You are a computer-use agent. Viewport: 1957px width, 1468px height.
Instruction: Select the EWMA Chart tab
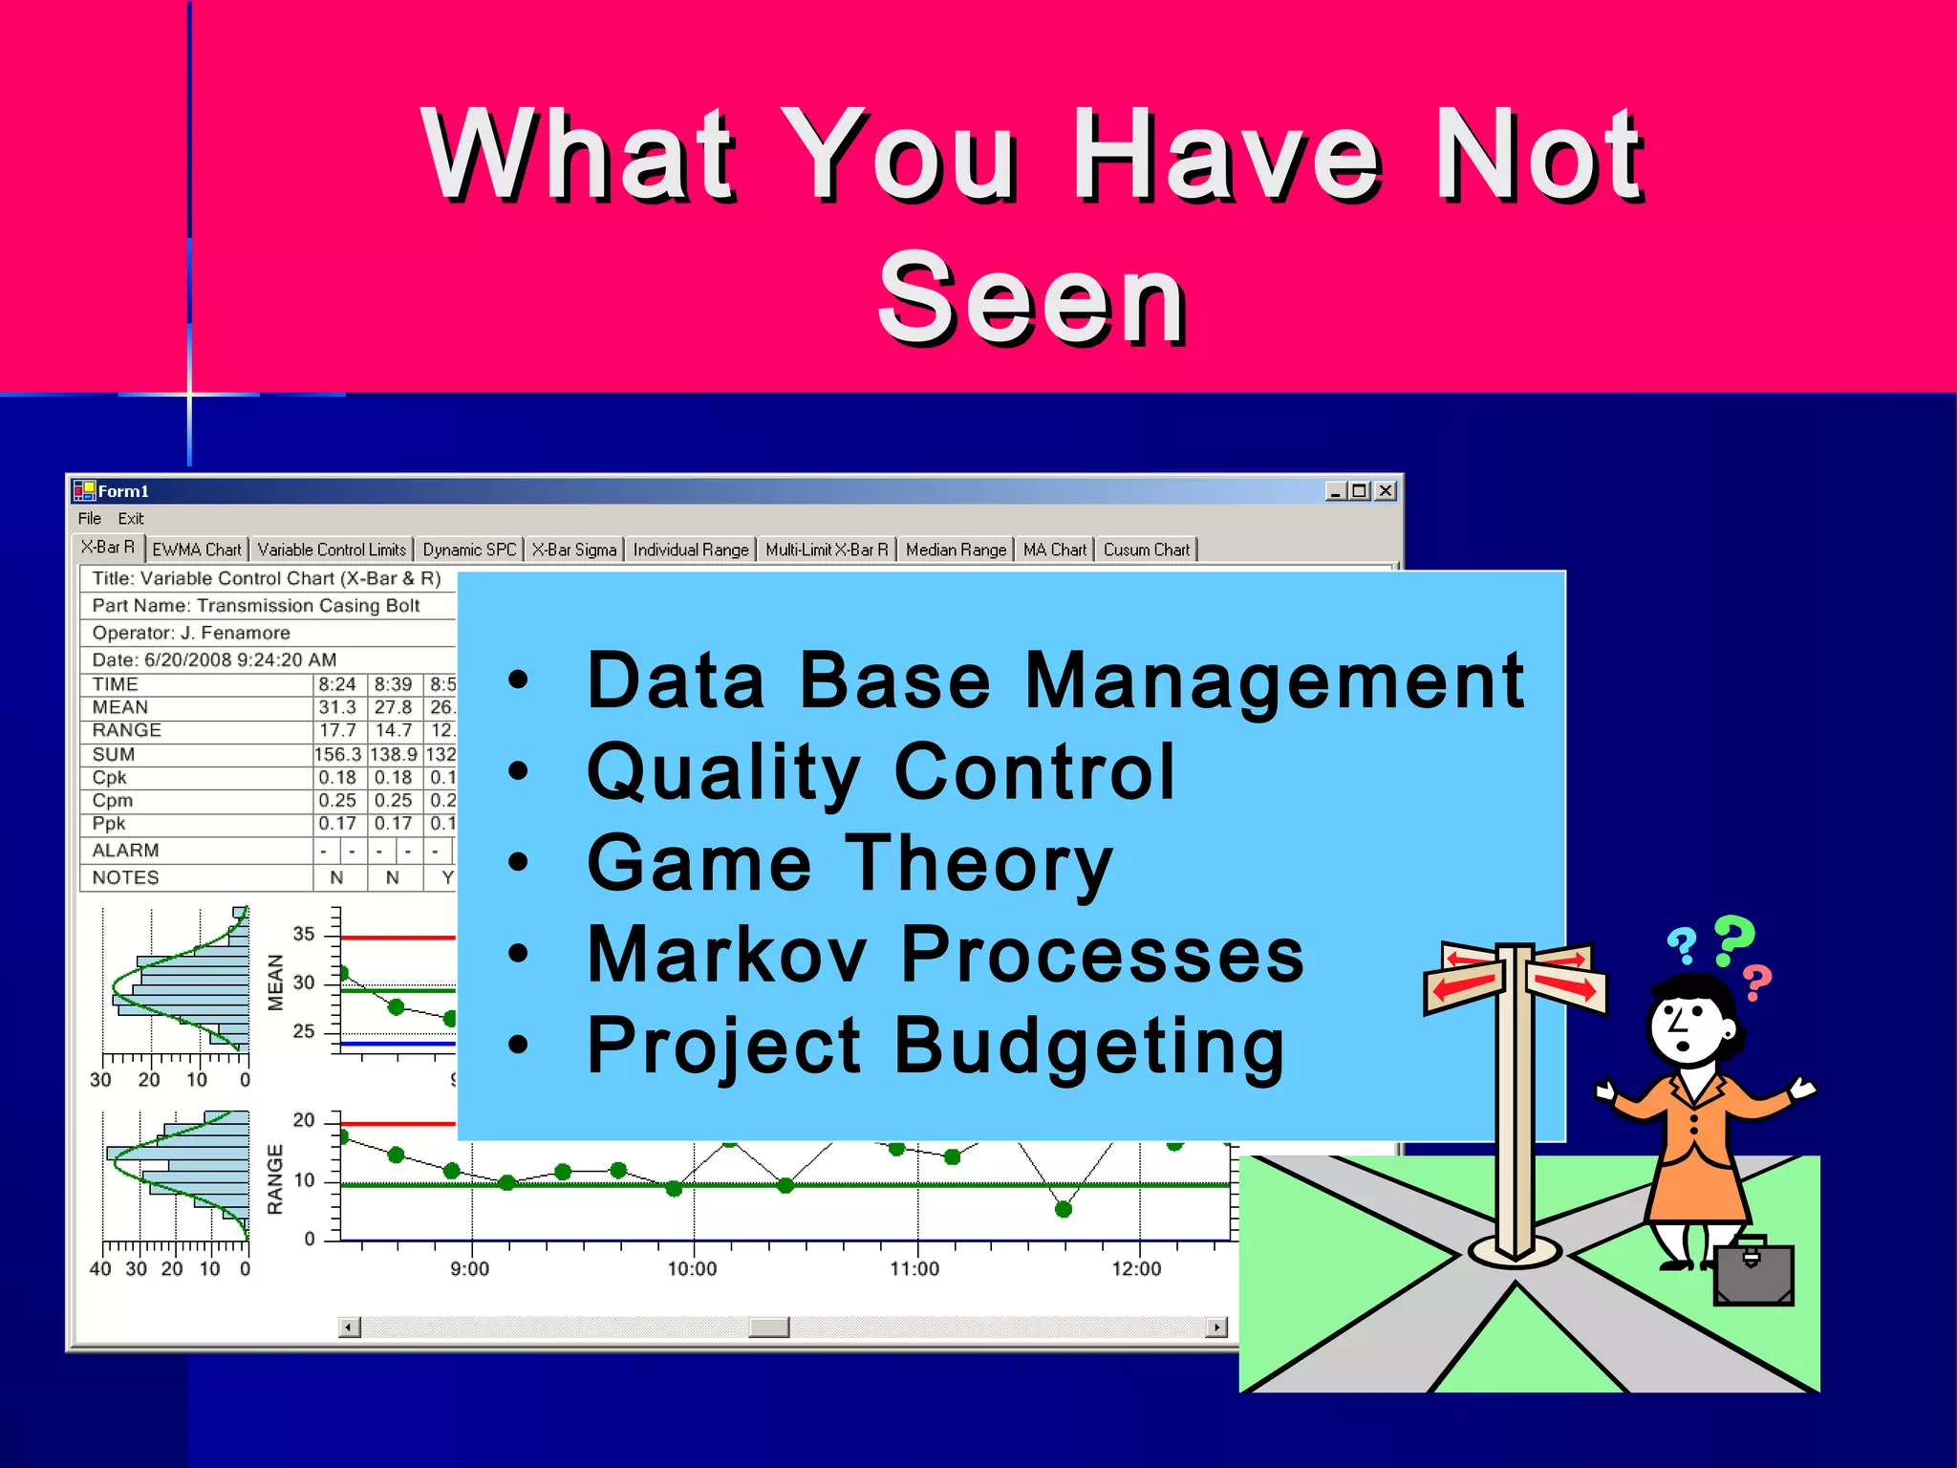point(197,550)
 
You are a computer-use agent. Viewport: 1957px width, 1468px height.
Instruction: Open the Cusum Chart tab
point(1146,550)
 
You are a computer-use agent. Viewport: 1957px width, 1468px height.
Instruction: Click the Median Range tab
point(956,550)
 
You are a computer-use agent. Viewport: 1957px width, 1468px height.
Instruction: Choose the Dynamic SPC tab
point(469,550)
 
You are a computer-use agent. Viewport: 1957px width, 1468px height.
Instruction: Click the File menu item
point(90,518)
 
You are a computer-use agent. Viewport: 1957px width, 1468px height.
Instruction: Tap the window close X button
point(1386,491)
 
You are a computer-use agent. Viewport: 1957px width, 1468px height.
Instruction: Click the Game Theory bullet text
point(849,863)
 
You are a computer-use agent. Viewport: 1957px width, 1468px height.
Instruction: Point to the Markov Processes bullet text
point(945,954)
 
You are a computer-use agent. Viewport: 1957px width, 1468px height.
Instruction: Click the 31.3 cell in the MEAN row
point(337,707)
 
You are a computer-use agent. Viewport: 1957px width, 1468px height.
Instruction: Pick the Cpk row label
point(110,777)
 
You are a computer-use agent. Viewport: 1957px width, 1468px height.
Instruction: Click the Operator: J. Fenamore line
point(191,633)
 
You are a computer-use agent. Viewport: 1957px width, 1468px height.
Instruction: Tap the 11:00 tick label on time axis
point(914,1269)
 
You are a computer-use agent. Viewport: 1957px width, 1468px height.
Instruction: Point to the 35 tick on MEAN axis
point(304,934)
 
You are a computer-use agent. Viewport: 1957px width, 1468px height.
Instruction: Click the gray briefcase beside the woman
point(1753,1273)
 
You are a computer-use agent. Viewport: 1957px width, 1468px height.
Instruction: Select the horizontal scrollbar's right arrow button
point(1216,1327)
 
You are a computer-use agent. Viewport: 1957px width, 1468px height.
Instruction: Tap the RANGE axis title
point(275,1179)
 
